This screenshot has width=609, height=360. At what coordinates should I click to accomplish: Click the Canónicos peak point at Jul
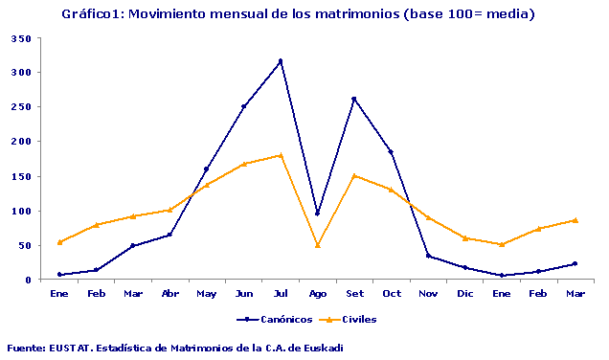tap(281, 61)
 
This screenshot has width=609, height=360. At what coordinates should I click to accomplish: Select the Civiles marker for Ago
tap(317, 245)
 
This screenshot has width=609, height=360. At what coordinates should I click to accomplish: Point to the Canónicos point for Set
tap(354, 99)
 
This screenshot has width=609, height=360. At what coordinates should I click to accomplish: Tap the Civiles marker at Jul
tap(281, 155)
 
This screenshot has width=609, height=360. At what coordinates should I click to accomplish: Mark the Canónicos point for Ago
tap(317, 214)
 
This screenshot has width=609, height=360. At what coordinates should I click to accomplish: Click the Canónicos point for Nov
tap(428, 256)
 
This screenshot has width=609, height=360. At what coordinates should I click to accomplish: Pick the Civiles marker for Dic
tap(464, 238)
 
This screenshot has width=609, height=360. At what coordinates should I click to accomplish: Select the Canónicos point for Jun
tap(243, 106)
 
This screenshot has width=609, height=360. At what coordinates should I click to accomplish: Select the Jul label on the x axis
tap(281, 293)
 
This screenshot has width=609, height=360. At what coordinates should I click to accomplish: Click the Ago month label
tap(317, 293)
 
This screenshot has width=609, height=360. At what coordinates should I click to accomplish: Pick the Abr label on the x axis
tap(169, 293)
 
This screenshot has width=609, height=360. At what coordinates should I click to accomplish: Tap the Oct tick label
tap(391, 293)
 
